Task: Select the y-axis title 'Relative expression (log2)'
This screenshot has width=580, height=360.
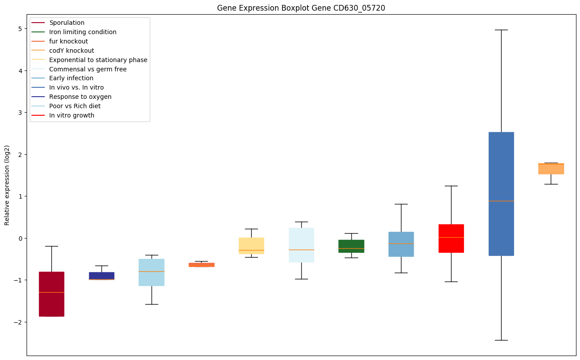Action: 7,185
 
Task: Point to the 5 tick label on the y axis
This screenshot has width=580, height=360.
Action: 20,29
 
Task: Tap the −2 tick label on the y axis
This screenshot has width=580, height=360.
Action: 18,322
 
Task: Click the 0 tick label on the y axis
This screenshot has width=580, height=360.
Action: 20,238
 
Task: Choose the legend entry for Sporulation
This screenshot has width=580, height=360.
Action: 67,23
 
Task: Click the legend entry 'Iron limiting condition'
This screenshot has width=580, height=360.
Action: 83,32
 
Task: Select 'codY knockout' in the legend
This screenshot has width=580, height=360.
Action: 72,51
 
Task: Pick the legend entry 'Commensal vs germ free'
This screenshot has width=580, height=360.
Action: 88,69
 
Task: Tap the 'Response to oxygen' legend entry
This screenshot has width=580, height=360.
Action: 80,97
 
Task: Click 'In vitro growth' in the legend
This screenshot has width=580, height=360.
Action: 72,115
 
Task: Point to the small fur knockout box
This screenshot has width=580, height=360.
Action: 202,265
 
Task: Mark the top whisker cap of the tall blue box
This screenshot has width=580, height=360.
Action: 501,30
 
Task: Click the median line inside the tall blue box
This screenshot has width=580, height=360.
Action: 501,201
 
